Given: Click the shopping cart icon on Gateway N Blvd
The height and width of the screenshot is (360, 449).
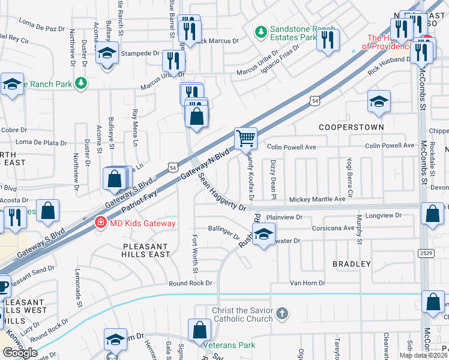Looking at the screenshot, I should coord(246,138).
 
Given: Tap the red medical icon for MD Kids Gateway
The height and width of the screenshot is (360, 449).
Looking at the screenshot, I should coord(101,223).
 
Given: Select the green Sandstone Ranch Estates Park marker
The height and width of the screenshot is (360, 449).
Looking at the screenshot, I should coord(261,31).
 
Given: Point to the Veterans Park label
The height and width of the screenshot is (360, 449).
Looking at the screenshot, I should coord(229,345).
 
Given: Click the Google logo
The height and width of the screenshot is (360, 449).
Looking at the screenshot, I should coord(20,353).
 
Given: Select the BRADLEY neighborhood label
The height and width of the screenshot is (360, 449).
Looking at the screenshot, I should coord(351,264).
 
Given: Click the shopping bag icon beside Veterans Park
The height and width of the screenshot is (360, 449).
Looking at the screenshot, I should coord(199,330).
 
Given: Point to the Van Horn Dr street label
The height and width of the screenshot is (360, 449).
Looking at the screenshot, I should coord(307,283).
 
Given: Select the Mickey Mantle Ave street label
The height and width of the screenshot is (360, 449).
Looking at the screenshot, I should coord(317,199).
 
